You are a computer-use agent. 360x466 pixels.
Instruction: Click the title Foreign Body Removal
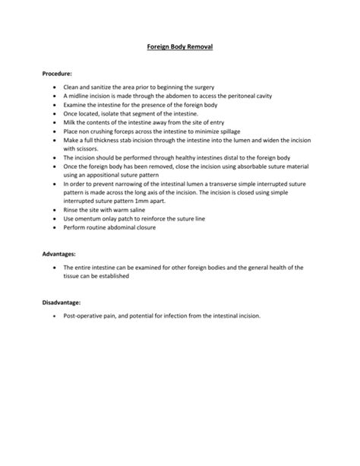tap(179, 47)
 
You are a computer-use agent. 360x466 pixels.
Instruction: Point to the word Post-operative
tap(85, 316)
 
